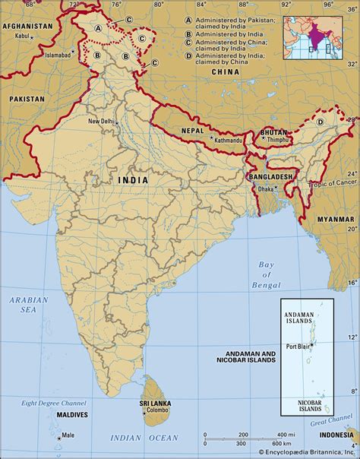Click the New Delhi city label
(103, 122)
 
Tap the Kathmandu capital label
(207, 141)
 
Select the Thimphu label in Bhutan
(276, 141)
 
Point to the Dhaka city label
(265, 188)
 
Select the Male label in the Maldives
(68, 435)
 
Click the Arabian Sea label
(28, 305)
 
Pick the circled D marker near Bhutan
(320, 122)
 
